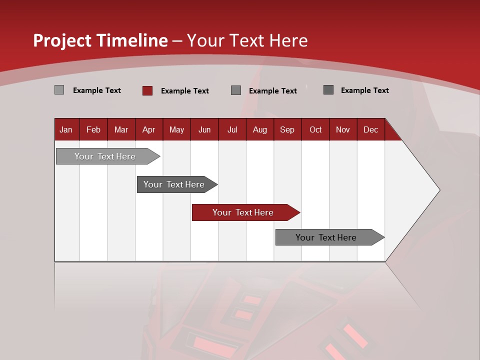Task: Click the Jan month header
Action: point(66,129)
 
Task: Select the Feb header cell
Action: point(93,129)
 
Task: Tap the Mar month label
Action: point(121,129)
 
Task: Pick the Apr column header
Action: point(149,129)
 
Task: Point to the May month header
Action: point(176,129)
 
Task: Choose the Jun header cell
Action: point(204,129)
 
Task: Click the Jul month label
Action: point(232,129)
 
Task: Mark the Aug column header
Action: point(260,129)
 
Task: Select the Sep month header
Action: point(287,129)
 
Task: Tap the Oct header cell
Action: point(315,129)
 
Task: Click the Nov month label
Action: point(343,129)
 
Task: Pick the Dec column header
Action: point(371,129)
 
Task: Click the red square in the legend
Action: point(147,90)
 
